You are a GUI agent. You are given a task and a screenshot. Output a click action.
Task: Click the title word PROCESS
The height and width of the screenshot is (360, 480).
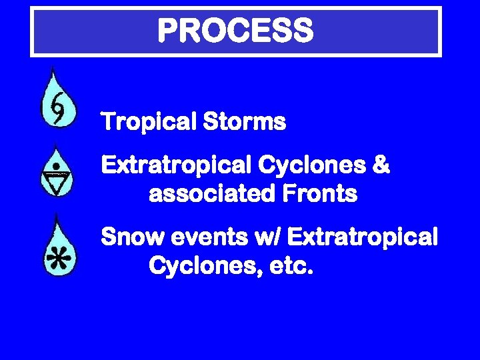coord(235,31)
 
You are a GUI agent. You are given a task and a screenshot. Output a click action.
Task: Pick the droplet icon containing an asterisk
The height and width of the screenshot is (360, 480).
coord(59,247)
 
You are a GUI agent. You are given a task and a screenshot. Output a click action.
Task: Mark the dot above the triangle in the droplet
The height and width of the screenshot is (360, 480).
coord(58,165)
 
